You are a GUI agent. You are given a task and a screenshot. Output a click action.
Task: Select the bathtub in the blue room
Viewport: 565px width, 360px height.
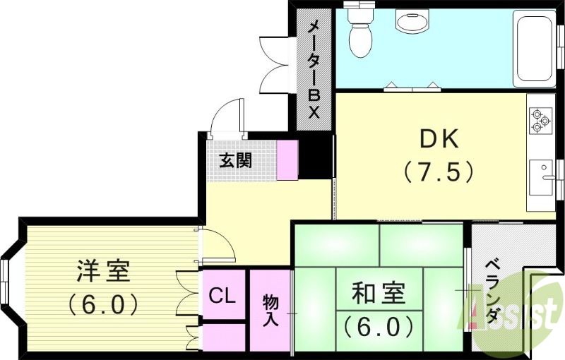tap(534, 47)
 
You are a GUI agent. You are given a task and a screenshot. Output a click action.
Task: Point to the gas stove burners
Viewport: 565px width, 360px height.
tap(541, 120)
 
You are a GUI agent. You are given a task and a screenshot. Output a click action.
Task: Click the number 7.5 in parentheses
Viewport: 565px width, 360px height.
tap(438, 172)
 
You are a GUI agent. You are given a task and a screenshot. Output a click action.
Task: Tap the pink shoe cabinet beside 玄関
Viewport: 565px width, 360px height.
tap(287, 160)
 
